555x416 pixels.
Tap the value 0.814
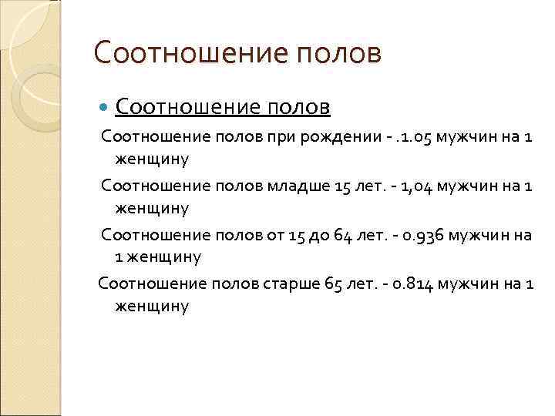[414, 283]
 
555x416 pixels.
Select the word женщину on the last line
[152, 306]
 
